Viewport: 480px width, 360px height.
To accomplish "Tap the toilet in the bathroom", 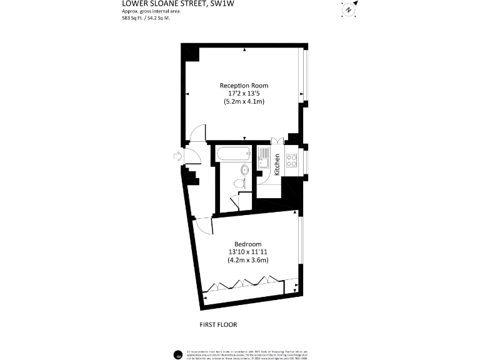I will point(237,183).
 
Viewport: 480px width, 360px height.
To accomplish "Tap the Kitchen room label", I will point(277,164).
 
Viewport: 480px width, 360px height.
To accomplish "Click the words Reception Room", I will point(244,86).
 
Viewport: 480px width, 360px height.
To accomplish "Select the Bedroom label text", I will point(248,244).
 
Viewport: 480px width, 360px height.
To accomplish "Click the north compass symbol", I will point(349,9).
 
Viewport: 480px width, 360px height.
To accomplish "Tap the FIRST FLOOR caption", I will point(218,324).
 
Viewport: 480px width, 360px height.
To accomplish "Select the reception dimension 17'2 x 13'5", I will point(244,93).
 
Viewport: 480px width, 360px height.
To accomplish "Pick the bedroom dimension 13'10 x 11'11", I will point(248,252).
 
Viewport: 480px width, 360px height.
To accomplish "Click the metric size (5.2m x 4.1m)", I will point(244,101).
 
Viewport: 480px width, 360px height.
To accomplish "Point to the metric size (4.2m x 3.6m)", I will point(248,260).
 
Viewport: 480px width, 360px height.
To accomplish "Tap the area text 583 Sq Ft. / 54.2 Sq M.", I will point(146,18).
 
